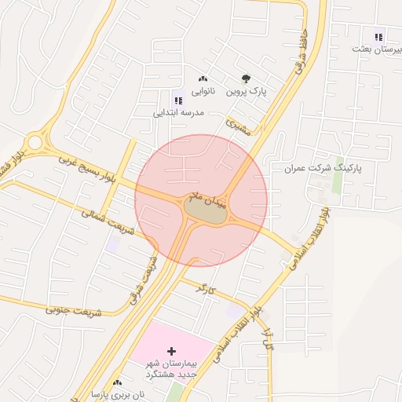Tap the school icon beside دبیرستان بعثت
coord(379,35)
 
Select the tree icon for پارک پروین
coord(247,79)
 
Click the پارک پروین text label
coord(247,92)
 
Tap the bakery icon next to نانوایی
coord(203,79)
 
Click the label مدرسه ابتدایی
coord(178,113)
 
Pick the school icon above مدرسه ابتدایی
coord(178,100)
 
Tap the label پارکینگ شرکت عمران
coord(322,168)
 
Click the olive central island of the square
coord(204,210)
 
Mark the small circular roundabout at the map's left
coord(33,143)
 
